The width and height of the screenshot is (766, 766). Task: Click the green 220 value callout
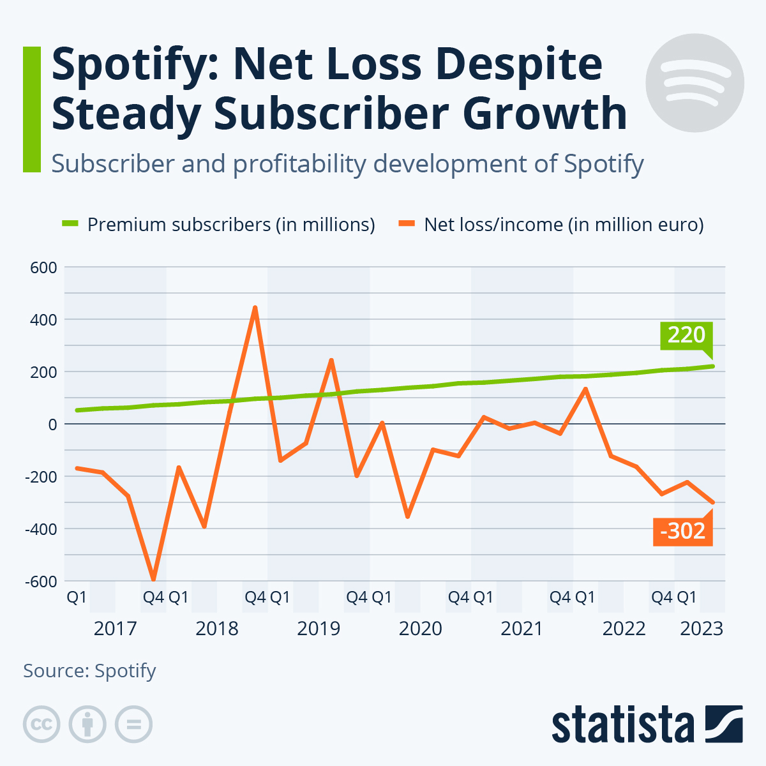[x=686, y=335]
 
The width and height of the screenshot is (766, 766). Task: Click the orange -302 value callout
[x=682, y=531]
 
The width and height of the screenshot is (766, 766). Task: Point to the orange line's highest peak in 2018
[x=255, y=308]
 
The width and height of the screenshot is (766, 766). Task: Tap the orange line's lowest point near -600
[x=153, y=578]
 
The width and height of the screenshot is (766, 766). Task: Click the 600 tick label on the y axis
[x=43, y=267]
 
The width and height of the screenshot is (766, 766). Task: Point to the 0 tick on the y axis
[x=52, y=424]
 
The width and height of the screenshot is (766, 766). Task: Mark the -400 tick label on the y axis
[x=40, y=529]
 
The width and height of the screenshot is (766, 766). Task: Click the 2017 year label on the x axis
[x=115, y=629]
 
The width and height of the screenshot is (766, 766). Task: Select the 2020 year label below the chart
[x=420, y=629]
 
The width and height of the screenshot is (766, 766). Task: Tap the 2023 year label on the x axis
[x=702, y=629]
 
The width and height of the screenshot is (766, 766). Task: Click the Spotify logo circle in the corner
[x=695, y=83]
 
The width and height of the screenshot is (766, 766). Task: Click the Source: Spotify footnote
[x=89, y=671]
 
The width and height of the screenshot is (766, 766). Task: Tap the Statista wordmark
[x=622, y=725]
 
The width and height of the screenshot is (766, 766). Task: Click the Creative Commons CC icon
[x=41, y=725]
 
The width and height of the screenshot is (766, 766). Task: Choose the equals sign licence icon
[x=133, y=725]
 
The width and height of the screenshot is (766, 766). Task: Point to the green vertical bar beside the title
[x=32, y=109]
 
